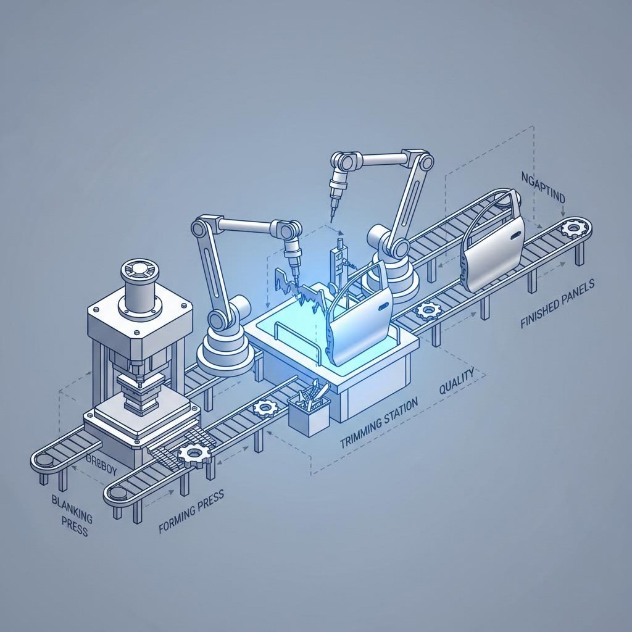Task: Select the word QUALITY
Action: (x=456, y=381)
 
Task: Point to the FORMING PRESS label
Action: (x=191, y=505)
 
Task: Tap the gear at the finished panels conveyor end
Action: (x=574, y=229)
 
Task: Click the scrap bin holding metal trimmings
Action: (x=309, y=410)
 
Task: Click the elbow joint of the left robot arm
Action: (x=201, y=228)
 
